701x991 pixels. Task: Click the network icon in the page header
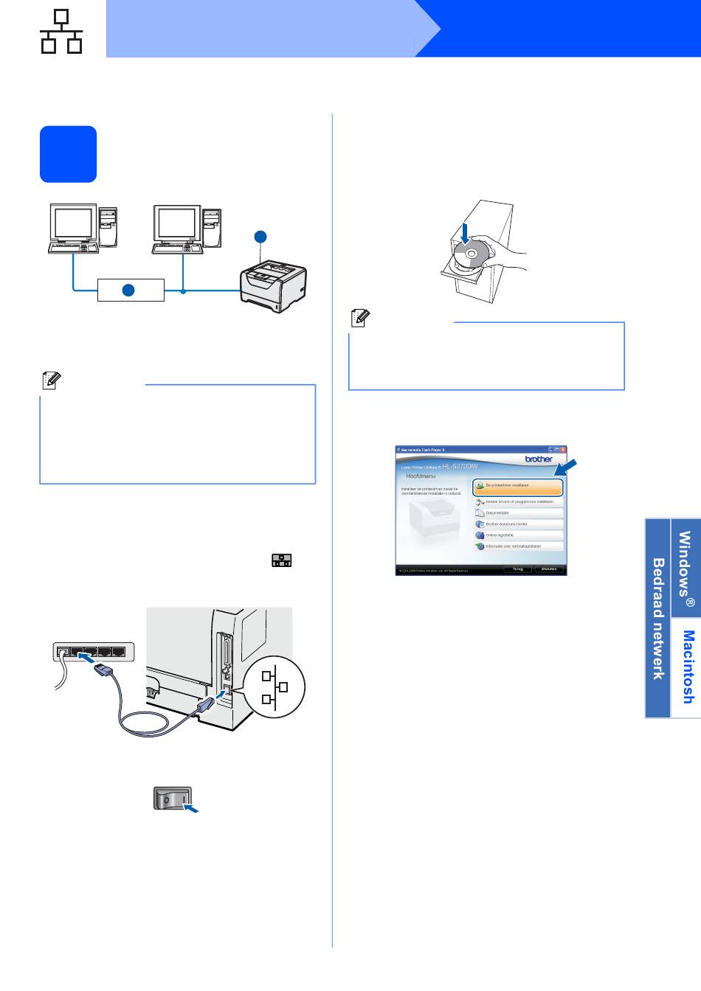pyautogui.click(x=61, y=32)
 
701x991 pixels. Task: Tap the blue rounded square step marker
pyautogui.click(x=68, y=154)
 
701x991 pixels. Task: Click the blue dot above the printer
pyautogui.click(x=260, y=237)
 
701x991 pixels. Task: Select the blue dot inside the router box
pyautogui.click(x=128, y=290)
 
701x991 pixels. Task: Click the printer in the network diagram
pyautogui.click(x=273, y=285)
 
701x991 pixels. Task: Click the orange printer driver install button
pyautogui.click(x=518, y=486)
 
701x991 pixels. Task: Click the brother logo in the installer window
pyautogui.click(x=539, y=459)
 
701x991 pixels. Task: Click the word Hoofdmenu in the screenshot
pyautogui.click(x=421, y=476)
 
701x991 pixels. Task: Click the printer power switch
pyautogui.click(x=172, y=798)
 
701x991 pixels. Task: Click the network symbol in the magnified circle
pyautogui.click(x=274, y=687)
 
